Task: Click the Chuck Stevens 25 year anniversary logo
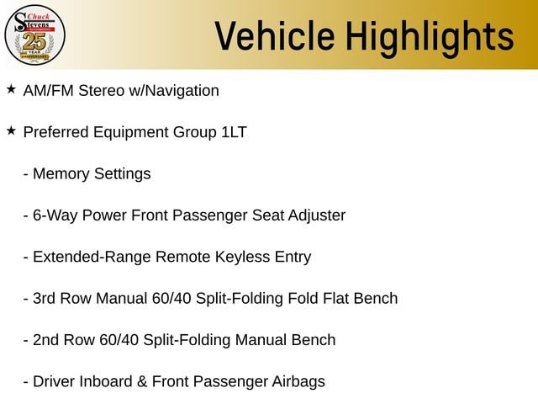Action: [34, 35]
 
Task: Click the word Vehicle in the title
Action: [275, 36]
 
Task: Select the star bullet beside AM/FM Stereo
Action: [11, 89]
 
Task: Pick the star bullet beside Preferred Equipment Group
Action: [11, 130]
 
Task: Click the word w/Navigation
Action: [174, 91]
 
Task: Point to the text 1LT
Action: [234, 132]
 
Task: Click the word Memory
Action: [61, 174]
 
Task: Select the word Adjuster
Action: [317, 215]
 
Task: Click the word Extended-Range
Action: [92, 257]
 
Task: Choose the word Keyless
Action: [243, 257]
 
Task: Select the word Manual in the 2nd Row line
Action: [261, 340]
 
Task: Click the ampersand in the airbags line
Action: [142, 381]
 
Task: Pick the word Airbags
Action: [298, 382]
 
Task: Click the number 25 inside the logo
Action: [34, 42]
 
